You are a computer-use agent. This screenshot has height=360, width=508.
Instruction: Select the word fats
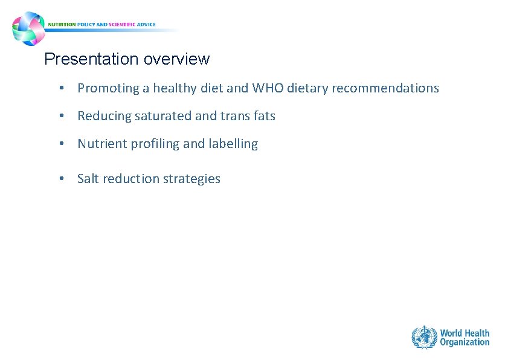click(x=263, y=116)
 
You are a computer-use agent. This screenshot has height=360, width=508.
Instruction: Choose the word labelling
click(x=233, y=144)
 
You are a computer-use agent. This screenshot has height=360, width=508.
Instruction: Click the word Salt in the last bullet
click(x=88, y=179)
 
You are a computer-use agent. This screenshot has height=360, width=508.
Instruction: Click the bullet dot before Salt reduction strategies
click(x=62, y=179)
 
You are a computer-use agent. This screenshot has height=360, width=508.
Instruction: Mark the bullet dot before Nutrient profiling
click(x=62, y=144)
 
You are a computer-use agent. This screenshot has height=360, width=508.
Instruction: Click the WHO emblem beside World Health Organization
click(x=424, y=337)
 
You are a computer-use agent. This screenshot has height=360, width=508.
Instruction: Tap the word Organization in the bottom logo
click(x=465, y=342)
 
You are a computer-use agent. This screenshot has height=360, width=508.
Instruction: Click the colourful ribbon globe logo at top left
click(x=28, y=28)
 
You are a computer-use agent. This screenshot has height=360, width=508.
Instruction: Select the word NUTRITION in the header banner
click(x=62, y=25)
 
